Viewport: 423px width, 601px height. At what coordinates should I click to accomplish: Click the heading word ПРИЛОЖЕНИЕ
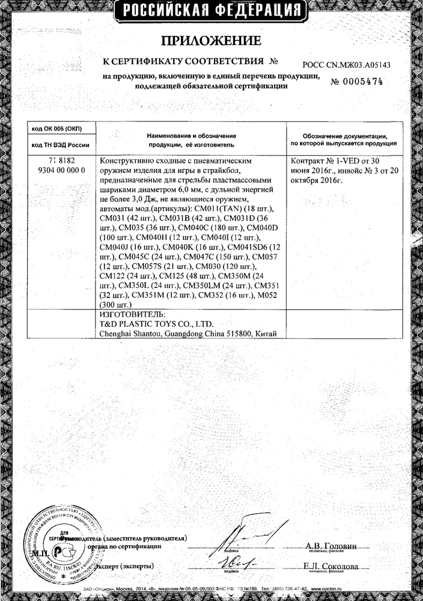[211, 41]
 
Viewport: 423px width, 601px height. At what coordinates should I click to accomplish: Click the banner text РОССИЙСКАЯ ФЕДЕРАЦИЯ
[211, 10]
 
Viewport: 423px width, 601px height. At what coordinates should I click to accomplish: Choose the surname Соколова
[344, 567]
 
